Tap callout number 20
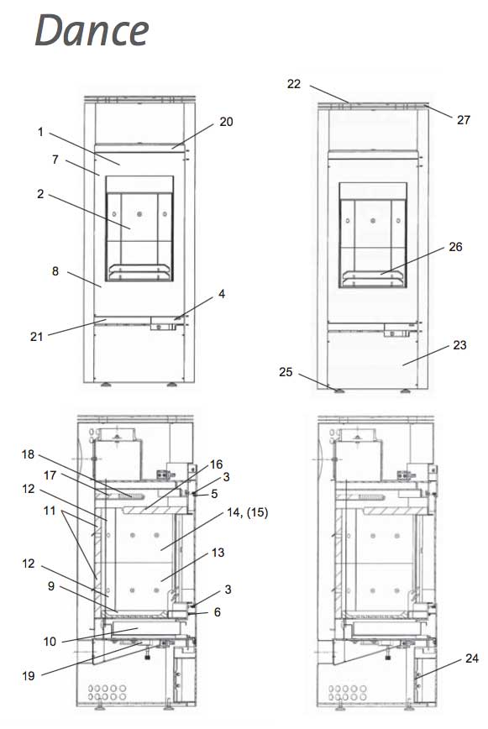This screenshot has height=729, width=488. pos(226,122)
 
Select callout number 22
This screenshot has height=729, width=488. pos(294,84)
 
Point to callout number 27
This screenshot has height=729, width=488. pos(464,120)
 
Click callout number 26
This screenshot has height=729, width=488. pos(455,247)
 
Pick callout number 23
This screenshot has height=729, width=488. pos(459,345)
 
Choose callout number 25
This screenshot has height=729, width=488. pos(286,372)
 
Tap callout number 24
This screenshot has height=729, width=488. pos(472,658)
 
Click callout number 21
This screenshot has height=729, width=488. pos(36,337)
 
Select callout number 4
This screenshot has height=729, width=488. pos(222,294)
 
